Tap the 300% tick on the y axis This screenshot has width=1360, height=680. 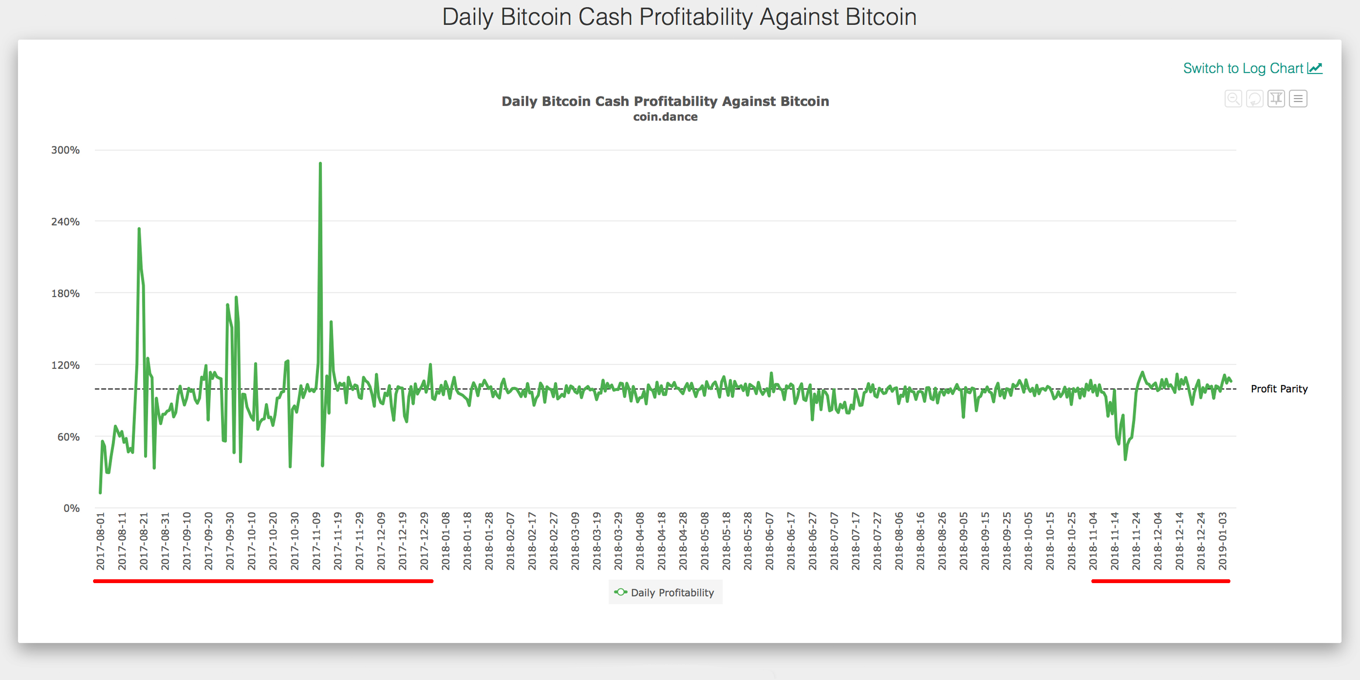(65, 150)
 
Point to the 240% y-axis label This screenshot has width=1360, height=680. (65, 222)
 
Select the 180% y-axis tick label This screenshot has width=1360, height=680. (65, 294)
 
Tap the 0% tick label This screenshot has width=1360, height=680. (72, 508)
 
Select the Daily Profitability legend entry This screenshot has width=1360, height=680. (665, 592)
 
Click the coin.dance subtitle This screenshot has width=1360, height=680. (665, 117)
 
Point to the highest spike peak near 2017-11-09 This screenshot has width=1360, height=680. (320, 164)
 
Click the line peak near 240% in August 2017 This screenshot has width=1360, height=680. (139, 229)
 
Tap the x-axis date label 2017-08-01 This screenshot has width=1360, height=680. (101, 541)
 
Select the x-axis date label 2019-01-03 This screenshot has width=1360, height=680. (1223, 541)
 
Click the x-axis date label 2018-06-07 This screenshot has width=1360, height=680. (769, 541)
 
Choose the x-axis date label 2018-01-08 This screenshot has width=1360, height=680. (445, 541)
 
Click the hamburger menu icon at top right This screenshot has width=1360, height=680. (1298, 99)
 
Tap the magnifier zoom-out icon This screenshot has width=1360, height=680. (1233, 99)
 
